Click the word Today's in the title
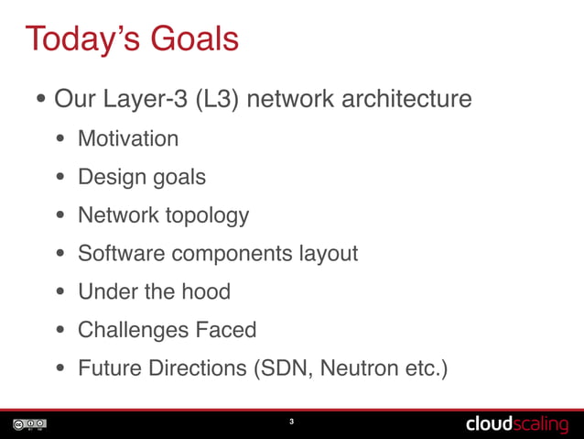[81, 39]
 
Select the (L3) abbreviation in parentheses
[217, 98]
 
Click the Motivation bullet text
[128, 138]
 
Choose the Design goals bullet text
[142, 177]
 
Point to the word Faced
[225, 330]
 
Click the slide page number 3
[291, 423]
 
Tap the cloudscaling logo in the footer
[516, 423]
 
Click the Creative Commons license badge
[29, 424]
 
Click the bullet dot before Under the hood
[60, 293]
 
